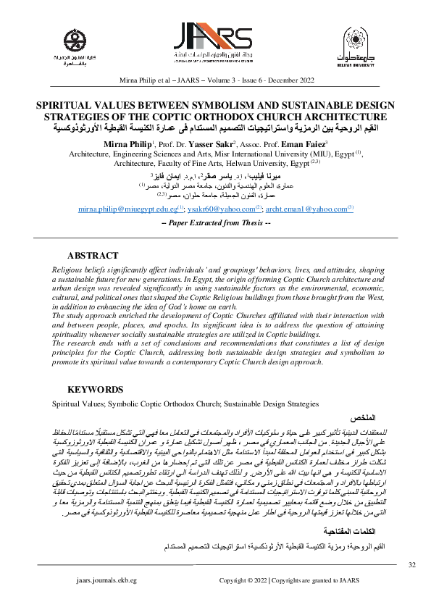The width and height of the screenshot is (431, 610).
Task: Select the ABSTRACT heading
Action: coord(93,256)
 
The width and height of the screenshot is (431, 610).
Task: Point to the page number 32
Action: coord(412,564)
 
